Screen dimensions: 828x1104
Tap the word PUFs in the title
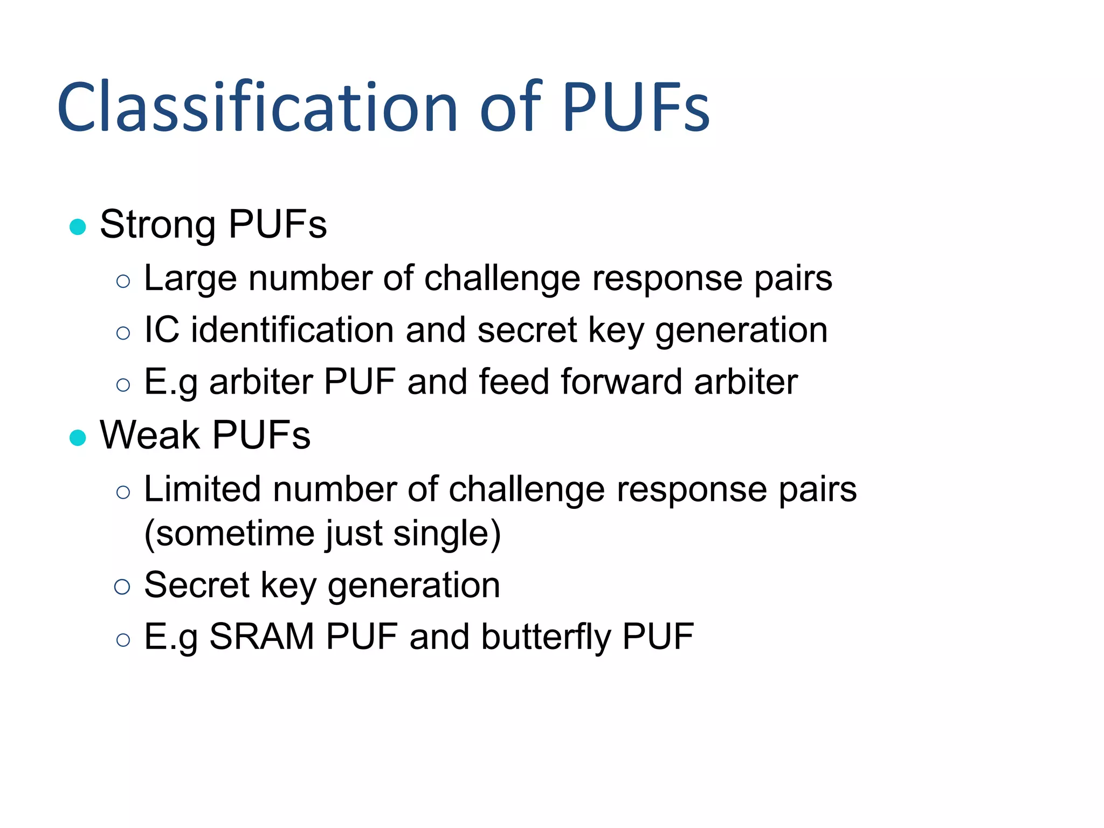click(636, 107)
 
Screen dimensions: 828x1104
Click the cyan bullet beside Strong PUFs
click(78, 226)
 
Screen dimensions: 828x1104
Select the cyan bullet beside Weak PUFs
click(78, 437)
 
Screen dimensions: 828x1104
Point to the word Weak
click(150, 435)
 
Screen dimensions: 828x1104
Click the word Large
click(190, 279)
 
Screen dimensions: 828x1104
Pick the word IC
click(162, 330)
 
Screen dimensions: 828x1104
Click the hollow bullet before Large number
click(123, 281)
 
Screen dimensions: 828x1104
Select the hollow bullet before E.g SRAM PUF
click(123, 639)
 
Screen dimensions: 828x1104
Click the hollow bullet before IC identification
click(123, 333)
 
